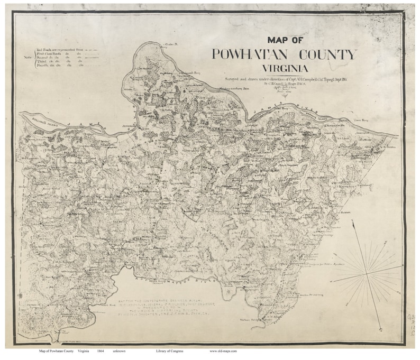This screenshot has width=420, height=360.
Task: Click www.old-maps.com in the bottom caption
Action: click(223, 351)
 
